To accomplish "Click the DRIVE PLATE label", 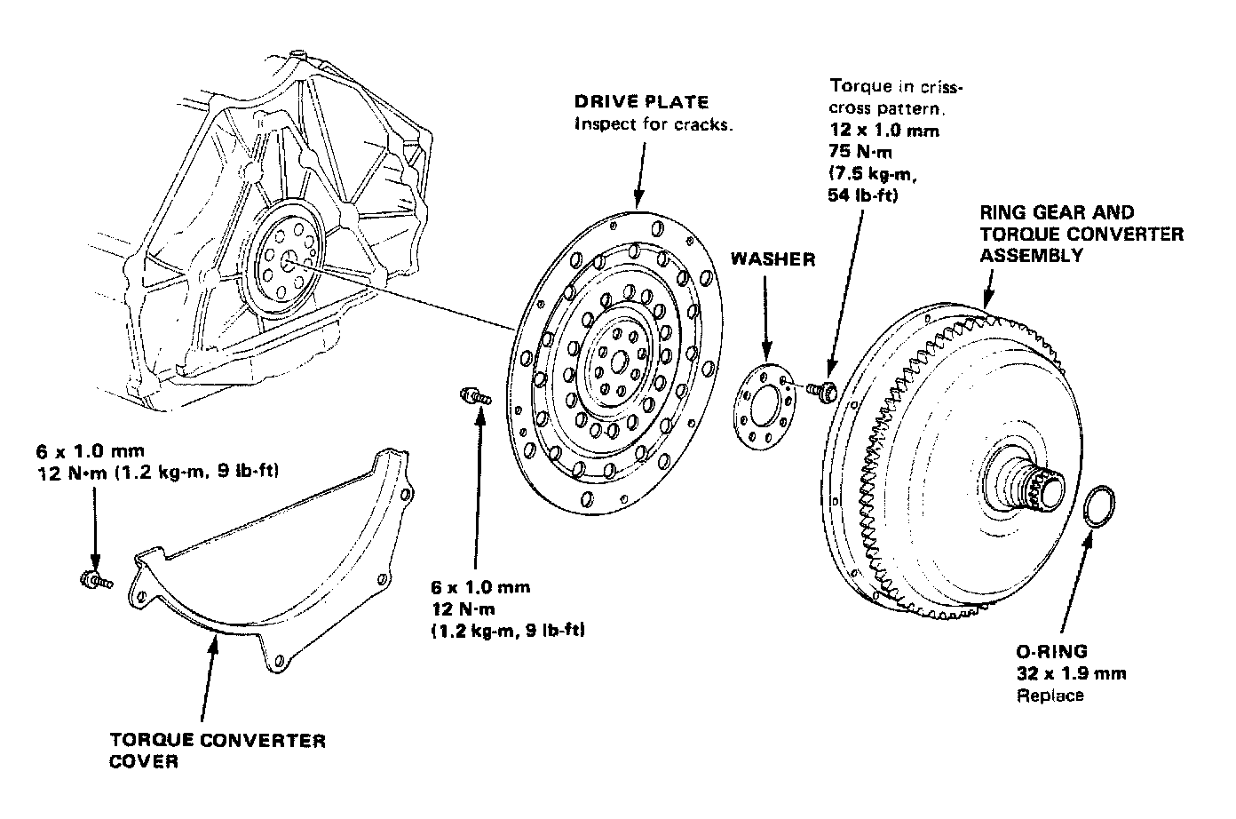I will point(641,102).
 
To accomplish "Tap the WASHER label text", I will point(772,259).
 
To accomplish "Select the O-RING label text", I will point(1051,650).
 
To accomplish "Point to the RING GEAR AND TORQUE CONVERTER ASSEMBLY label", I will point(1081,234).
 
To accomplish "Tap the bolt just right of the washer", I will point(823,390).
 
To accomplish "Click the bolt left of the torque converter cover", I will point(93,581).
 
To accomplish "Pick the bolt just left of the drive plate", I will point(475,397).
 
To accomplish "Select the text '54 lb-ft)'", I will point(864,196).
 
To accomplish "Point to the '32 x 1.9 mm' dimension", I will point(1071,672).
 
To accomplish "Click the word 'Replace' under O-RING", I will point(1050,695).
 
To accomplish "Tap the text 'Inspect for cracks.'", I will point(654,123).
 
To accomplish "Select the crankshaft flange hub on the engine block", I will point(288,260).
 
